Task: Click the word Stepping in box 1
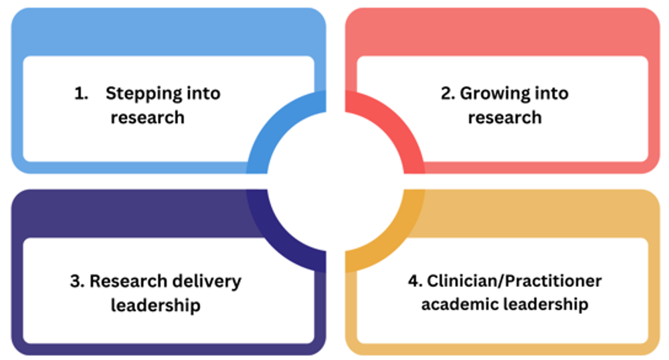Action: (138, 94)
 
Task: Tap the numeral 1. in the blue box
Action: (82, 94)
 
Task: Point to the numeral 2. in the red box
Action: (448, 94)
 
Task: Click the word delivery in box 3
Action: (208, 281)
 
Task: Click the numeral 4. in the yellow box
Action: (415, 281)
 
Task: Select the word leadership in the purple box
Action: (155, 306)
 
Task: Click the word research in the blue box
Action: (147, 118)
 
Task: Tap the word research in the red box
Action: (504, 118)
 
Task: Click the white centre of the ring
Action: (335, 181)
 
